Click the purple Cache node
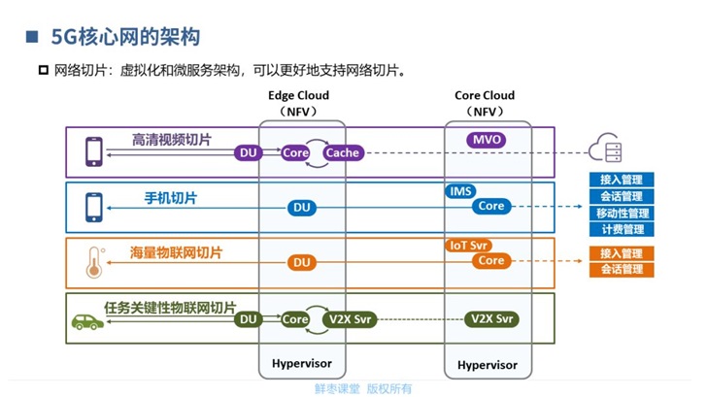pyautogui.click(x=342, y=152)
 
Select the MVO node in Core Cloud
pyautogui.click(x=487, y=140)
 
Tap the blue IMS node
pyautogui.click(x=460, y=191)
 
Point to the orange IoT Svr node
pyautogui.click(x=467, y=246)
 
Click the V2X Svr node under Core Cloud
pyautogui.click(x=490, y=318)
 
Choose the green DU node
pyautogui.click(x=249, y=318)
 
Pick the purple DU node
pyautogui.click(x=249, y=152)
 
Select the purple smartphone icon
pyautogui.click(x=94, y=150)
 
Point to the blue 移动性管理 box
pyautogui.click(x=622, y=213)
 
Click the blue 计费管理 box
pyautogui.click(x=622, y=229)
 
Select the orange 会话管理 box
pyautogui.click(x=622, y=269)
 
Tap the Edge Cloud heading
pyautogui.click(x=298, y=95)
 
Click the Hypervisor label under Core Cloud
pyautogui.click(x=487, y=365)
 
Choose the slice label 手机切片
pyautogui.click(x=171, y=198)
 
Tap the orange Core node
pyautogui.click(x=491, y=260)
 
